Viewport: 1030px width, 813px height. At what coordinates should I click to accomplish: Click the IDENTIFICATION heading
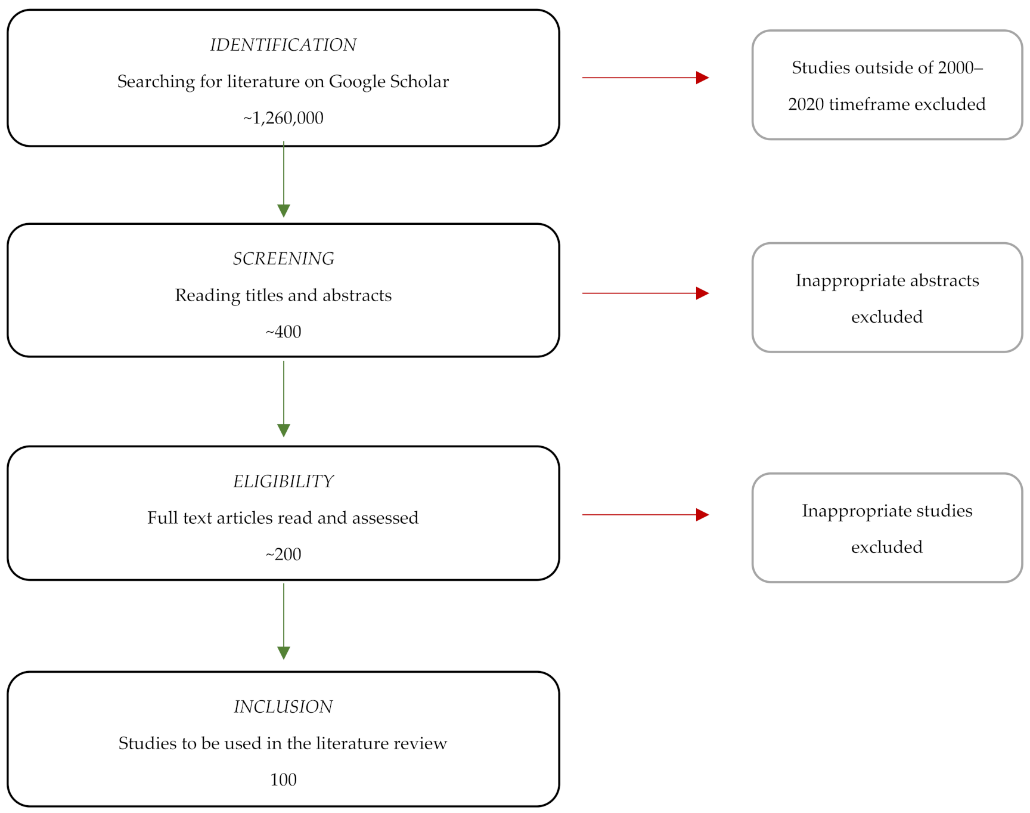pos(283,45)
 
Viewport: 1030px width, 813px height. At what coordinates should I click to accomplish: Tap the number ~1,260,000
pos(283,118)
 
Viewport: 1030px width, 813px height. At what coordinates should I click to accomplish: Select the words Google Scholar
pos(389,82)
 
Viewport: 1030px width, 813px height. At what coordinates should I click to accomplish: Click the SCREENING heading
pos(283,259)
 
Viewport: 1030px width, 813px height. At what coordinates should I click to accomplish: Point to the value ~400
pos(283,332)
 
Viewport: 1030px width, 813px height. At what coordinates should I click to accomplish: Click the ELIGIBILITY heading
pos(283,481)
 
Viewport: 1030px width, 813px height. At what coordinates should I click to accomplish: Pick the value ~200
pos(283,555)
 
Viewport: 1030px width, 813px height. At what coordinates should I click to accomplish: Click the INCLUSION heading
pos(283,707)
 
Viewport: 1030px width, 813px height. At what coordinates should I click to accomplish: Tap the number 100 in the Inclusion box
pos(283,780)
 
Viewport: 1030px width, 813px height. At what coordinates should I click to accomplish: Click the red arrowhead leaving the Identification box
pos(702,78)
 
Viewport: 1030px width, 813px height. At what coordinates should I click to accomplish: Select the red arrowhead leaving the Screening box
pos(702,293)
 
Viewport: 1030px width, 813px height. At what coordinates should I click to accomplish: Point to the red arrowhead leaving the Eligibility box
pos(702,515)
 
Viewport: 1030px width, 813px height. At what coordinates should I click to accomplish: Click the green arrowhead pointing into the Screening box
pos(284,210)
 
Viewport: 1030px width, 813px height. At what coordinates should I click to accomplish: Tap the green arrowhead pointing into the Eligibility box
pos(284,430)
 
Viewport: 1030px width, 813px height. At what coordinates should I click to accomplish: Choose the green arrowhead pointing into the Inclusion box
pos(284,653)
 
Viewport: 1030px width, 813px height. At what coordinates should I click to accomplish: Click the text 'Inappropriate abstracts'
pos(887,280)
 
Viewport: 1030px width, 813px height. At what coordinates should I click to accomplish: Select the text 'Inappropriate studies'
pos(887,511)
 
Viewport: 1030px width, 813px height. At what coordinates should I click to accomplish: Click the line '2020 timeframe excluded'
pos(887,104)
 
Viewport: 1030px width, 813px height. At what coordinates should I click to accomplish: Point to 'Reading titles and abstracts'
pos(283,295)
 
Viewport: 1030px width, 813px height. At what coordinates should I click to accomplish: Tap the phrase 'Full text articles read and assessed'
pos(283,518)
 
